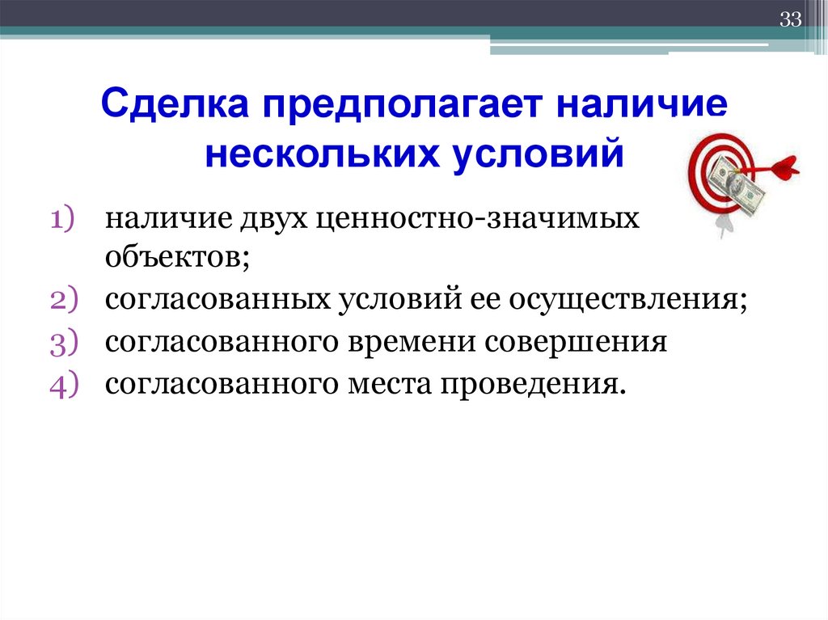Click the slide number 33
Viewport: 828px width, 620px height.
tap(789, 20)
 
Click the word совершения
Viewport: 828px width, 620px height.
tap(576, 343)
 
